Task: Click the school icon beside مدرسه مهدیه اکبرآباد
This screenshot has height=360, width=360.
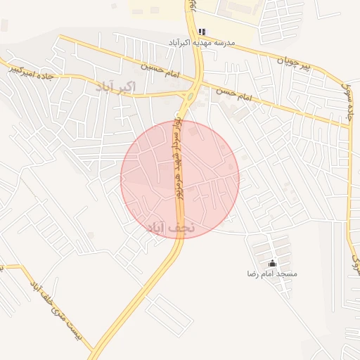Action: tap(202, 32)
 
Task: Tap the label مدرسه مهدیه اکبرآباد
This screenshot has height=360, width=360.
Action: tap(201, 43)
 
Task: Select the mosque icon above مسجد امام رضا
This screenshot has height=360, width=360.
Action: tap(273, 263)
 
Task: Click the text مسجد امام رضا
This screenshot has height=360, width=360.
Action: tap(272, 273)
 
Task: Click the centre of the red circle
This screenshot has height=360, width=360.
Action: tap(180, 179)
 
